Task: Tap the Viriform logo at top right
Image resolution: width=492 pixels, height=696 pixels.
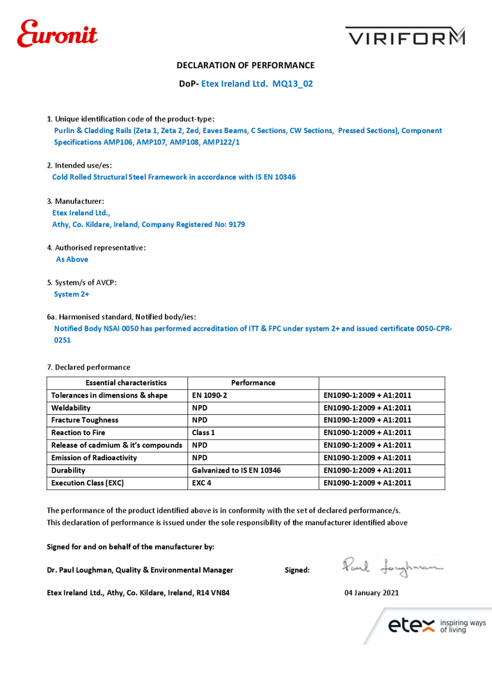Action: [x=405, y=36]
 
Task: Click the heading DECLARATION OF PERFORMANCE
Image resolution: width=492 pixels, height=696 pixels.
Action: [x=246, y=65]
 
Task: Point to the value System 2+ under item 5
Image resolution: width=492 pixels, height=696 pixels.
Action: [x=72, y=294]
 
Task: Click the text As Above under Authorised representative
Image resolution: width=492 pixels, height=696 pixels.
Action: [x=72, y=260]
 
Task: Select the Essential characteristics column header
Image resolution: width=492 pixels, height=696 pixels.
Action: [x=117, y=383]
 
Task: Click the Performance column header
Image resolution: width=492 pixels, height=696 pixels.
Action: [x=253, y=383]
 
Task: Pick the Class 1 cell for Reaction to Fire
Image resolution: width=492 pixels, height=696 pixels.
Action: [x=204, y=433]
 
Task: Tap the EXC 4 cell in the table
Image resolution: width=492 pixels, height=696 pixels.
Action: [x=202, y=483]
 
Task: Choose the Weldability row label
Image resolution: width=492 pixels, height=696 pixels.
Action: [x=71, y=408]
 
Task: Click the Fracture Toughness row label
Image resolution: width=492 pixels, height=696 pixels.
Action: [x=85, y=420]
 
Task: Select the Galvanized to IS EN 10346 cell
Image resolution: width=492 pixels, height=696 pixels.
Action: [x=236, y=470]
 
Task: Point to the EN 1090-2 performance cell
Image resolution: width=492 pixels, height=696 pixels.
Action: [x=209, y=395]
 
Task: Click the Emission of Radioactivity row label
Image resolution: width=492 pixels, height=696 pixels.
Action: [x=94, y=458]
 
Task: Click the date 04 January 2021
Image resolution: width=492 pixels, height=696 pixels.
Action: [x=372, y=594]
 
